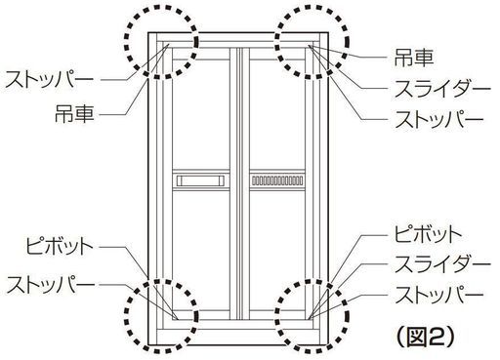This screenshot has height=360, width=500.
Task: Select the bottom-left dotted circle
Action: (x=161, y=312)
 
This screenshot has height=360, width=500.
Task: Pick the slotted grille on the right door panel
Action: (x=277, y=180)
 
